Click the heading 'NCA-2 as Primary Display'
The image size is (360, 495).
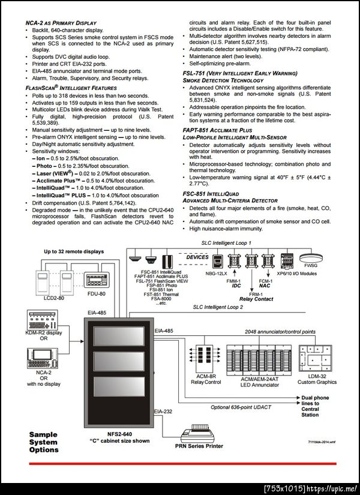pyautogui.click(x=61, y=23)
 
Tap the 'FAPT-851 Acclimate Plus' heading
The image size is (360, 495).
pyautogui.click(x=217, y=130)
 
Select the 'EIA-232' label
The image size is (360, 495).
pyautogui.click(x=163, y=411)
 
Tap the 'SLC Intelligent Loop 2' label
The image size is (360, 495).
pyautogui.click(x=217, y=307)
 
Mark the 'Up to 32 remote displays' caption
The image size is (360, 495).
pyautogui.click(x=73, y=251)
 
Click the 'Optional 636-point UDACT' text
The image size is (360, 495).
pyautogui.click(x=236, y=407)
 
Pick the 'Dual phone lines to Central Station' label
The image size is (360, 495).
pyautogui.click(x=315, y=406)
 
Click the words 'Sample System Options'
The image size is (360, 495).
pyautogui.click(x=44, y=442)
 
